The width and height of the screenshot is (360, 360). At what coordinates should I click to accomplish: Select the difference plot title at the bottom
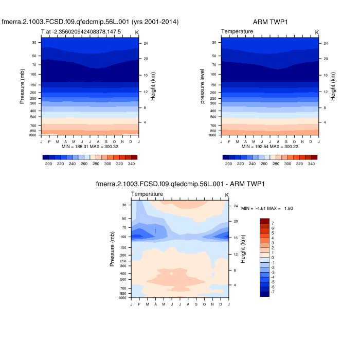(180, 184)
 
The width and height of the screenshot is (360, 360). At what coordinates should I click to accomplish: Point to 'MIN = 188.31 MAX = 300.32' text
(91, 147)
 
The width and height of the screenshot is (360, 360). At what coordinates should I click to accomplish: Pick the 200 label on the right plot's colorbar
(229, 164)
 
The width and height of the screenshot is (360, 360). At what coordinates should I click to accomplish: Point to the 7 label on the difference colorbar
(273, 223)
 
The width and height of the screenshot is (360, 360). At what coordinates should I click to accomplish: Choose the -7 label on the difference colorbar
(272, 292)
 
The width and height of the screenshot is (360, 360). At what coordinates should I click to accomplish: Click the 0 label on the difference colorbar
(273, 257)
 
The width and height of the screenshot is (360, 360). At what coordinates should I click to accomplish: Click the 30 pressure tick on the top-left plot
(34, 43)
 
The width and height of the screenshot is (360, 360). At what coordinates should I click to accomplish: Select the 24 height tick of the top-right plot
(326, 43)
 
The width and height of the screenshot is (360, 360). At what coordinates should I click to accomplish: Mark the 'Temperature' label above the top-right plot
(237, 32)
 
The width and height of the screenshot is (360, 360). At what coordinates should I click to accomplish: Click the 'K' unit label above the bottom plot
(227, 194)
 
